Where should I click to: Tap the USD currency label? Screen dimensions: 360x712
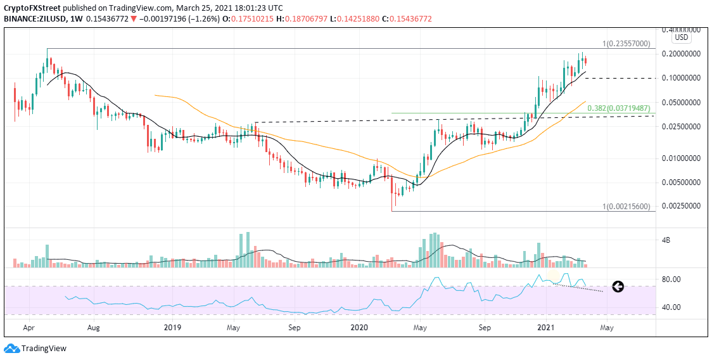coord(682,37)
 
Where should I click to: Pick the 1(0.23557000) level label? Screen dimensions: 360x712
coord(626,44)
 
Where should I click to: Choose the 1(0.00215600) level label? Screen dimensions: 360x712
coord(626,207)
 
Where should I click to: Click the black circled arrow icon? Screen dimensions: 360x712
coord(617,286)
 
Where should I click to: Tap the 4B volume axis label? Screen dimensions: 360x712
coord(666,240)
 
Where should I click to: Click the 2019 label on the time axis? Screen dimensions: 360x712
coord(172,328)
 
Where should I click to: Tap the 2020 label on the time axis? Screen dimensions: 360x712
coord(359,328)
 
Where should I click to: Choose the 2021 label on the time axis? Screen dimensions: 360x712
coord(546,328)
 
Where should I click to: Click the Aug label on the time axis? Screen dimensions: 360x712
coord(94,328)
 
